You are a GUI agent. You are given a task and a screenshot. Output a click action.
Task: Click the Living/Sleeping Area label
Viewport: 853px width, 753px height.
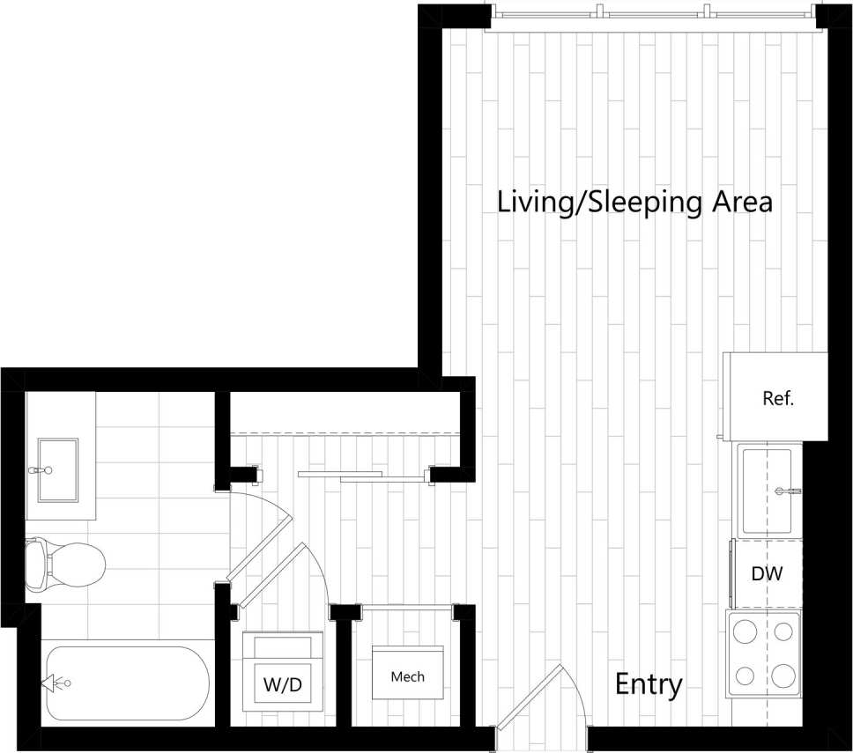pos(634,202)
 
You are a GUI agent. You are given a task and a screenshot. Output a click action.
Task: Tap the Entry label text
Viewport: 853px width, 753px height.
pos(649,684)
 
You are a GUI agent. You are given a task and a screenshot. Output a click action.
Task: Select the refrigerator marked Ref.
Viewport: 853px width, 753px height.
pos(775,396)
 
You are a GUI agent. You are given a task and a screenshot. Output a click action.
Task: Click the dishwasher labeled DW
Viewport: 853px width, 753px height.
pos(766,573)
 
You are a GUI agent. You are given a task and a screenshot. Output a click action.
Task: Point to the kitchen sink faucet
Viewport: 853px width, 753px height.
pos(787,490)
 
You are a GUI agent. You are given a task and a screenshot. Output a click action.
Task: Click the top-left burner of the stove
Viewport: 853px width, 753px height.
pos(745,631)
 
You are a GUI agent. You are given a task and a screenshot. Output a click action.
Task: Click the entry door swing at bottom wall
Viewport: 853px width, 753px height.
pos(531,697)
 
